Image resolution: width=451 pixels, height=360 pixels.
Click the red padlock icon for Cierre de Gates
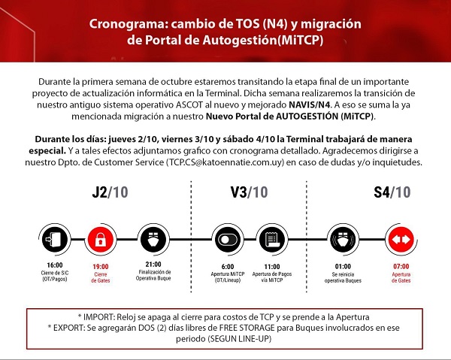pos(99,240)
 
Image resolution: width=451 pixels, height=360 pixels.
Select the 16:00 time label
pos(53,265)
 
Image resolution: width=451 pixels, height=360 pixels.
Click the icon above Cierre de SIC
pos(53,240)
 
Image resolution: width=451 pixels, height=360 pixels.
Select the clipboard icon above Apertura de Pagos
pos(273,240)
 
